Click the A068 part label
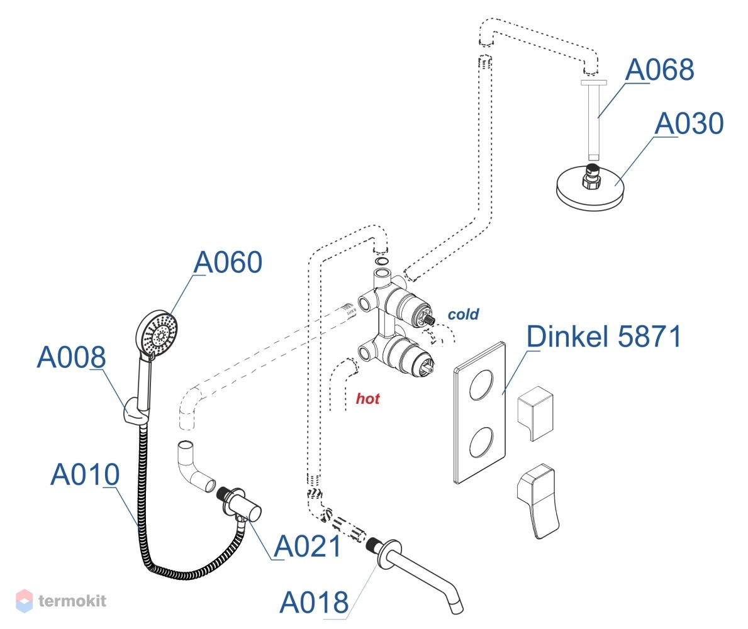point(659,70)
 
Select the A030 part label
point(689,123)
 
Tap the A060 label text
point(228,262)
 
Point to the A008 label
point(72,357)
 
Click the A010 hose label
point(85,474)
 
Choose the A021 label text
point(308,547)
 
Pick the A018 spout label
point(314,603)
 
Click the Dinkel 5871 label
point(604,337)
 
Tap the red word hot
point(368,399)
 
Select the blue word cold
point(463,314)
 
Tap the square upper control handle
point(536,413)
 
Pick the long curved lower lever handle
point(538,501)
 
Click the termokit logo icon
point(25,601)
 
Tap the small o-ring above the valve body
point(381,261)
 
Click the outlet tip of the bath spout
point(455,608)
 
